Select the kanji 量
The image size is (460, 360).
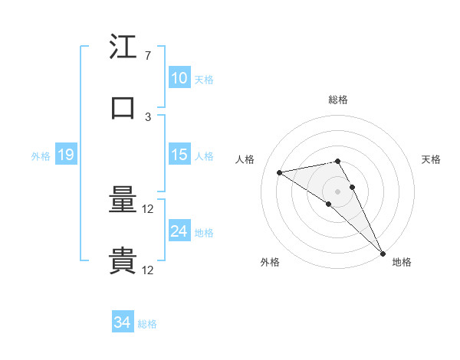click(123, 201)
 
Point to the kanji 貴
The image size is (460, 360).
click(123, 261)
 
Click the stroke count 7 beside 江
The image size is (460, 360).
click(147, 56)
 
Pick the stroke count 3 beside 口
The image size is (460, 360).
click(147, 116)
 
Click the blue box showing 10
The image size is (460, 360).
click(179, 78)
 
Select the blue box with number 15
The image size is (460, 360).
click(179, 155)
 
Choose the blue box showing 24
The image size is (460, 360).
click(179, 231)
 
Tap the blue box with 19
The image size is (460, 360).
click(66, 155)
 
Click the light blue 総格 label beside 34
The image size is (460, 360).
click(147, 324)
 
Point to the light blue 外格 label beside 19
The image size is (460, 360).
click(41, 155)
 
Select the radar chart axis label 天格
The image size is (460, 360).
click(431, 159)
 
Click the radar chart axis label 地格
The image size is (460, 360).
click(402, 263)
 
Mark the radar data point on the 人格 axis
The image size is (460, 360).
click(280, 172)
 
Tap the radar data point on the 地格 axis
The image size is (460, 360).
click(383, 253)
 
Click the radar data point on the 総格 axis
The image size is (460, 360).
click(337, 161)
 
